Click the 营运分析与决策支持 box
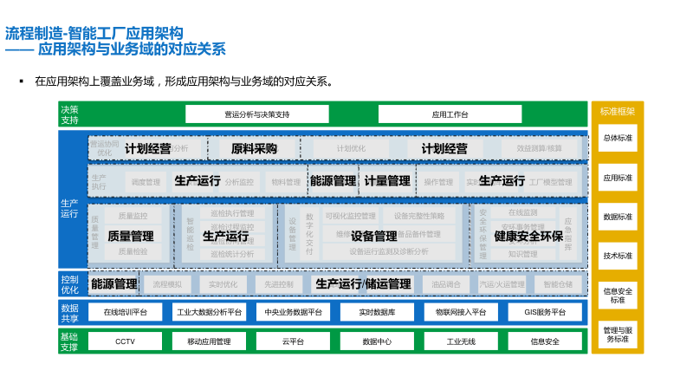pyautogui.click(x=257, y=114)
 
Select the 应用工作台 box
pyautogui.click(x=450, y=114)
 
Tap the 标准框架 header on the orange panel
pyautogui.click(x=618, y=112)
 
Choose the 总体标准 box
pyautogui.click(x=618, y=138)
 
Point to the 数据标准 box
pyautogui.click(x=618, y=217)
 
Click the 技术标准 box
pyautogui.click(x=618, y=256)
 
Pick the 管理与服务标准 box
pyautogui.click(x=618, y=335)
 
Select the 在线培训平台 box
pyautogui.click(x=126, y=312)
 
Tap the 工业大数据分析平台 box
pyautogui.click(x=210, y=312)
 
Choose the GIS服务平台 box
pyautogui.click(x=545, y=312)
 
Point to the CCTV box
pyautogui.click(x=126, y=341)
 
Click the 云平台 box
pyautogui.click(x=293, y=341)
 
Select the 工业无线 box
pyautogui.click(x=461, y=341)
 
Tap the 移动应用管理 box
pyautogui.click(x=210, y=341)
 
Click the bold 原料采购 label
pyautogui.click(x=254, y=149)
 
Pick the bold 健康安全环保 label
pyautogui.click(x=528, y=236)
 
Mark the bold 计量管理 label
pyautogui.click(x=386, y=181)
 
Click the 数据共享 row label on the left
pyautogui.click(x=70, y=312)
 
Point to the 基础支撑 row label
pyautogui.click(x=70, y=341)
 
